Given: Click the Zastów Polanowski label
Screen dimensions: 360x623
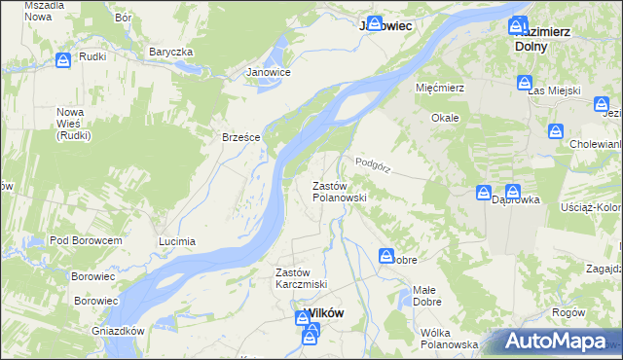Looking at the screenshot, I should tap(339, 191).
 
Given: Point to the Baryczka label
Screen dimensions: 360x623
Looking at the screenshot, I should tap(171, 52).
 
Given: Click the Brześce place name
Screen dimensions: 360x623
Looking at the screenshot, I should tap(240, 137).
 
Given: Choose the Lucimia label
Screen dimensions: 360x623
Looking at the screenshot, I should tap(177, 240).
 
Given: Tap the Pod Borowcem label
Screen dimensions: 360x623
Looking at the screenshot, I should tap(86, 240).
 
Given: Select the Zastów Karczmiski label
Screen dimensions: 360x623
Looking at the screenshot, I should tap(301, 277).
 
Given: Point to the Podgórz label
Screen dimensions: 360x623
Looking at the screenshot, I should tap(373, 164).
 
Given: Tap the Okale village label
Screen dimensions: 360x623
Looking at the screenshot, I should tap(445, 117).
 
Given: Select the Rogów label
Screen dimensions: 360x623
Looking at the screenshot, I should tap(568, 312).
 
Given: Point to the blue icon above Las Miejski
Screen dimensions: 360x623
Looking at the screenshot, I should tap(525, 84).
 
